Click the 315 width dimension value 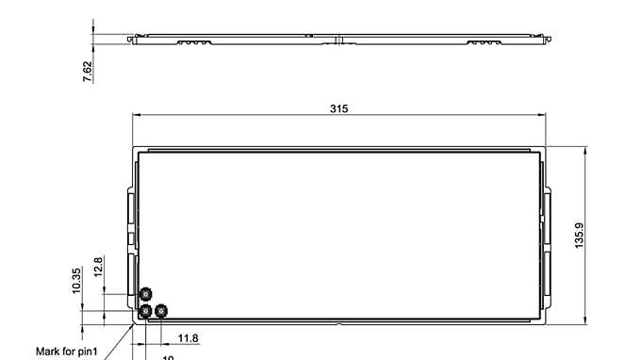338,108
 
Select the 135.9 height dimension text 579,236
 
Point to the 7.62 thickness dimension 88,72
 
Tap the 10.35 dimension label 76,280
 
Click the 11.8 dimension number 188,338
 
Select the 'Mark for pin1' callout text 67,352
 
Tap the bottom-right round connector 162,309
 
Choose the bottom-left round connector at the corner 145,310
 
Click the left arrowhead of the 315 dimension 135,115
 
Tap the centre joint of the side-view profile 338,40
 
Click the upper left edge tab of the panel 130,207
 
